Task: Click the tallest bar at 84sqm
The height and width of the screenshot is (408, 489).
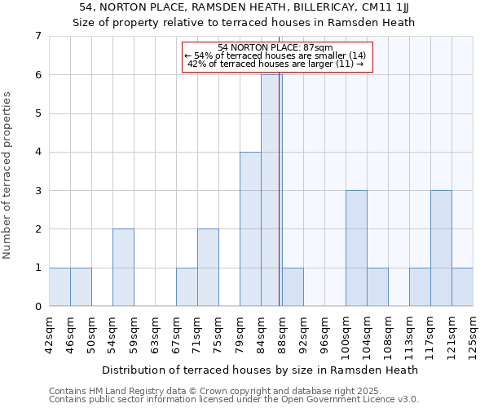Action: coord(271,190)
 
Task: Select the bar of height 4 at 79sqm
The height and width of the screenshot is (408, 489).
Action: coord(250,228)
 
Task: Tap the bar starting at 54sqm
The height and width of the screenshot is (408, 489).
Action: coord(123,268)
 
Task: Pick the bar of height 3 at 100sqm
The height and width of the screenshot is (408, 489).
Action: coord(356,248)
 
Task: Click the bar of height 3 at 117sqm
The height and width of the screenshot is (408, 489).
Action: coord(441,248)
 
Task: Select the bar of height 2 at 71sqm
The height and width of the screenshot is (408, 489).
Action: coord(208,268)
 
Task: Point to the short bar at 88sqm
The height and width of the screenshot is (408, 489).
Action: coord(293,286)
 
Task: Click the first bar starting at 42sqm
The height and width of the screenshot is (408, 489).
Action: coord(59,286)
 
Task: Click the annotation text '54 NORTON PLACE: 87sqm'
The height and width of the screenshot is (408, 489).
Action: coord(275,47)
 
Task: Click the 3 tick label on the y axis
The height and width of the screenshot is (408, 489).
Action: coord(37,191)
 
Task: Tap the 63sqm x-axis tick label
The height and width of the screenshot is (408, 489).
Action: coord(155,330)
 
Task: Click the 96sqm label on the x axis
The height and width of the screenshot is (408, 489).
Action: coord(324,330)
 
